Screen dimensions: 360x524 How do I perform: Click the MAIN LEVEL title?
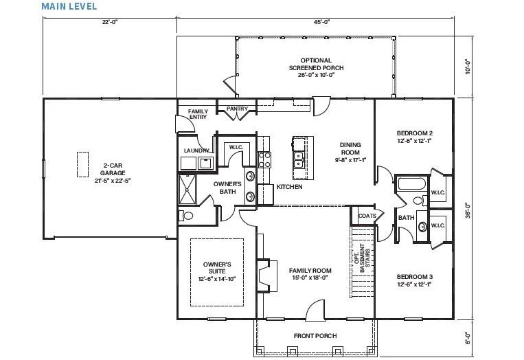(69, 6)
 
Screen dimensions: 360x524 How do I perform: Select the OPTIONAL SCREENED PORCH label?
(316, 67)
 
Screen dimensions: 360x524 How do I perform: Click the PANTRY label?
(227, 109)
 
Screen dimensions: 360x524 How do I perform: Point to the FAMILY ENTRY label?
(198, 114)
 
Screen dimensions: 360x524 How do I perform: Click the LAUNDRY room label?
(196, 150)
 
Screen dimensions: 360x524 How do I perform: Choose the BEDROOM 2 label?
(413, 136)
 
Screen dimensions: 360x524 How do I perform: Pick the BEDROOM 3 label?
(413, 280)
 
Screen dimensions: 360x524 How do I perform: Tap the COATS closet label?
(367, 216)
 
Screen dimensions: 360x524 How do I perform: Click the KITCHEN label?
(289, 188)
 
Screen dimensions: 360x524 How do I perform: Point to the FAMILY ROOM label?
(310, 273)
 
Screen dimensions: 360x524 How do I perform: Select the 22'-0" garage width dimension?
(110, 22)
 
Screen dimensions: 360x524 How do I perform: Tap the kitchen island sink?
(299, 161)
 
